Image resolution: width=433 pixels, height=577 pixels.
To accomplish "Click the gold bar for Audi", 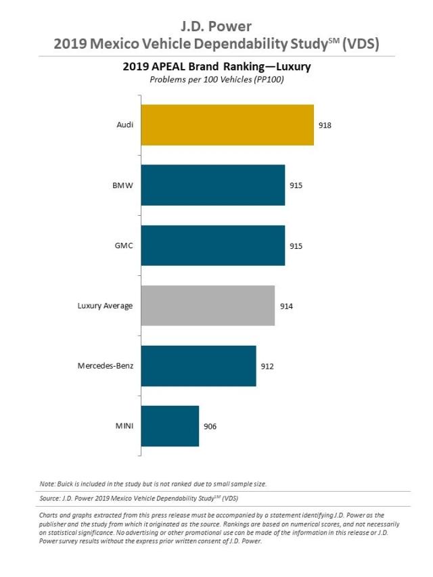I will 227,125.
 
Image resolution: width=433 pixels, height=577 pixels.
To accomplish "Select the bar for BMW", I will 212,185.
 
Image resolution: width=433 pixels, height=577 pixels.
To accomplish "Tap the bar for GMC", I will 212,245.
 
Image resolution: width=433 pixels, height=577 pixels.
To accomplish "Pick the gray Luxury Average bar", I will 208,306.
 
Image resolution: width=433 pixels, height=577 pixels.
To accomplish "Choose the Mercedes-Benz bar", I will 198,366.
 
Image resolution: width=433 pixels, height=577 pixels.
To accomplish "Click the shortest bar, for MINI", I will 170,426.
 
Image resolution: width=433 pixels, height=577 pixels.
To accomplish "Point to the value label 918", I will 325,125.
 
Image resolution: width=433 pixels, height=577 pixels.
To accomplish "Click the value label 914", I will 286,306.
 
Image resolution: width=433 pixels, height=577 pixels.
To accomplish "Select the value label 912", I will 267,366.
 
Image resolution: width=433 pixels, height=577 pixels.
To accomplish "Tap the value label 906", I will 210,426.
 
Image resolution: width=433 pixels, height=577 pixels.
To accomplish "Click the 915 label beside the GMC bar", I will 296,246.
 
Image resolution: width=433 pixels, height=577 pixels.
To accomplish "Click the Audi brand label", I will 124,125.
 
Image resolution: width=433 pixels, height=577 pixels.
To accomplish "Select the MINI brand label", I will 124,426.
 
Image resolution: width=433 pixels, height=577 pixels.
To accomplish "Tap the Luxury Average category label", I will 105,306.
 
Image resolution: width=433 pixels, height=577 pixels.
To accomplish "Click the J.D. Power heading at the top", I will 216,27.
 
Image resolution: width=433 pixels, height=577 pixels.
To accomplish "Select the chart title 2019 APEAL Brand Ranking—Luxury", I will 216,67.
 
